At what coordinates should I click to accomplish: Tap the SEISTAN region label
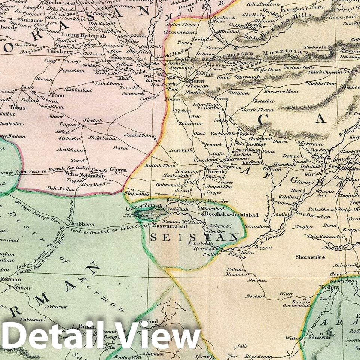[194, 237]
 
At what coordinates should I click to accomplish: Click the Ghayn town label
[118, 170]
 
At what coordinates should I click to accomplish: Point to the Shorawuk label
[308, 257]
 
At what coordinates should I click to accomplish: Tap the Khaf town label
[124, 78]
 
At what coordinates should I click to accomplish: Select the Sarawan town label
[319, 337]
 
